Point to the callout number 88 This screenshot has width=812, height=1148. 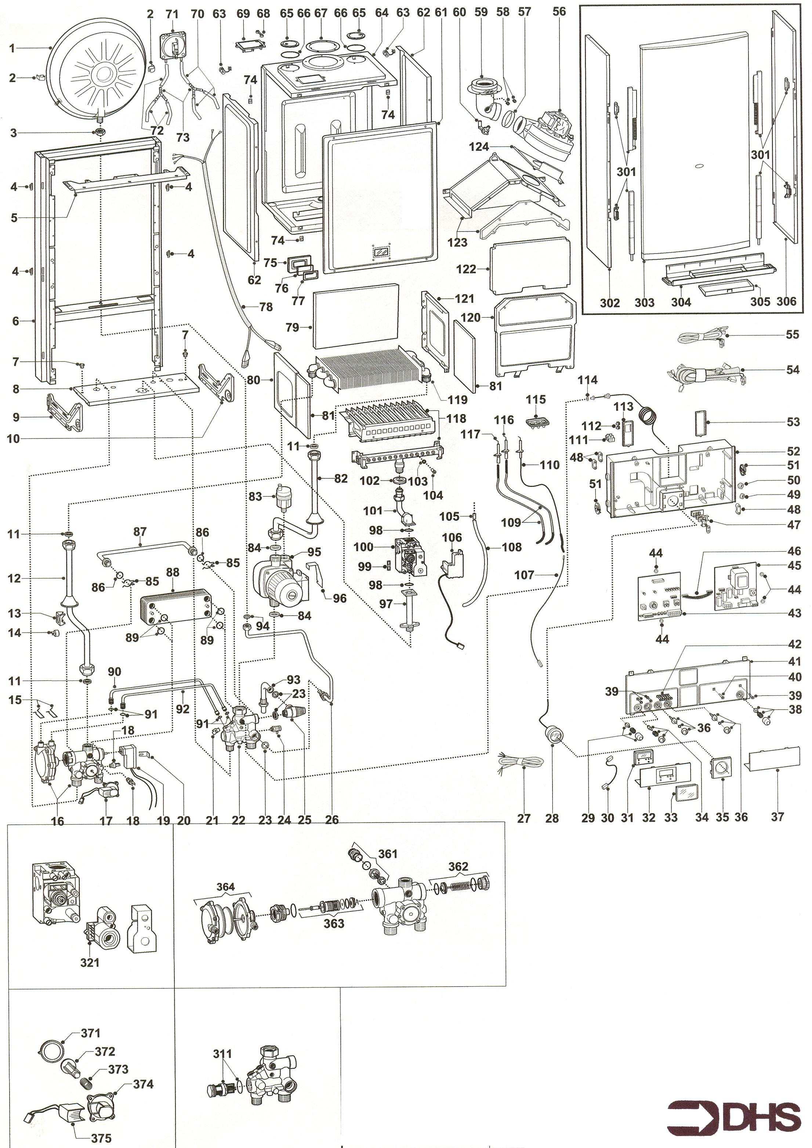tap(172, 572)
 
